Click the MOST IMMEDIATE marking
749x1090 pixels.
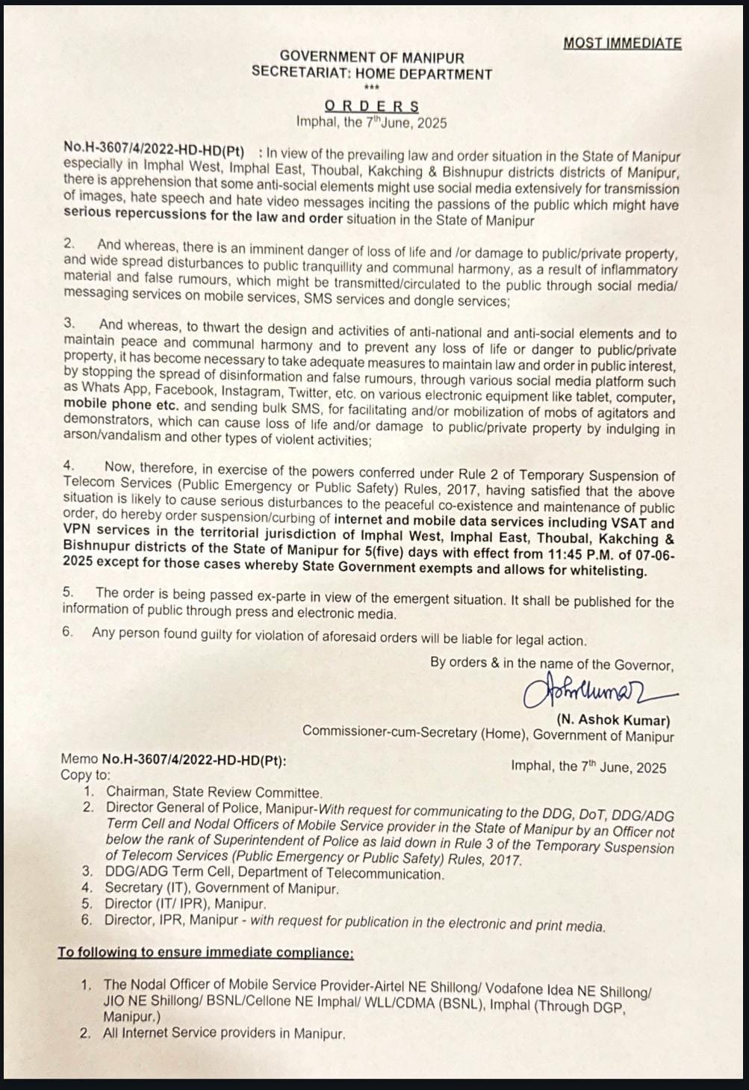tap(622, 43)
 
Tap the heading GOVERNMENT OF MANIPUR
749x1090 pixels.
tap(371, 57)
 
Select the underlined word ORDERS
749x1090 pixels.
tap(371, 106)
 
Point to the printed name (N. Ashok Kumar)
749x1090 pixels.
tap(613, 720)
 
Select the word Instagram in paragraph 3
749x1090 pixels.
tap(251, 392)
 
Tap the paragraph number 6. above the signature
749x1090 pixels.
tap(68, 632)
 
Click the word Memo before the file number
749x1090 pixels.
tap(79, 759)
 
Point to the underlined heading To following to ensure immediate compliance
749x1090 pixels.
tap(205, 953)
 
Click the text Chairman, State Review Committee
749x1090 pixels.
tap(214, 793)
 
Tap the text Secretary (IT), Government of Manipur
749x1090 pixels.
tap(223, 888)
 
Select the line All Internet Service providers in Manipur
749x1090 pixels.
tap(225, 1034)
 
